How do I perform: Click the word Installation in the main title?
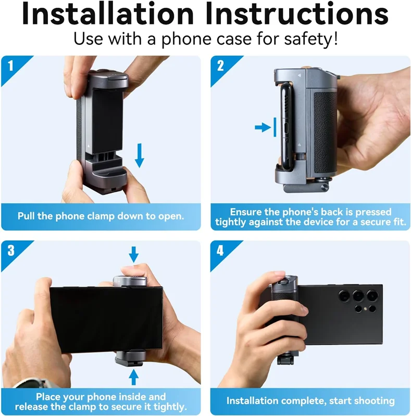[x=108, y=14]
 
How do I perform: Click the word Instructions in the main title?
[x=297, y=14]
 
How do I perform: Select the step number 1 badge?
[x=10, y=66]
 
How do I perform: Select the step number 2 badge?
[x=220, y=66]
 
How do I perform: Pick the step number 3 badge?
[x=11, y=251]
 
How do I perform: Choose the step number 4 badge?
[x=220, y=251]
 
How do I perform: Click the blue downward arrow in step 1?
[x=139, y=155]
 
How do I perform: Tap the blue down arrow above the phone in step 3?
[x=134, y=254]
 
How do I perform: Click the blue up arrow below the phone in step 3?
[x=134, y=378]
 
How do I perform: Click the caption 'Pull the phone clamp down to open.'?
[x=101, y=216]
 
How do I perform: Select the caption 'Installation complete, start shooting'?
[x=310, y=400]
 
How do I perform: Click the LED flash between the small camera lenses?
[x=365, y=309]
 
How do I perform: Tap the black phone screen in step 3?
[x=106, y=320]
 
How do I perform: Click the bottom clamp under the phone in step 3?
[x=130, y=358]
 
